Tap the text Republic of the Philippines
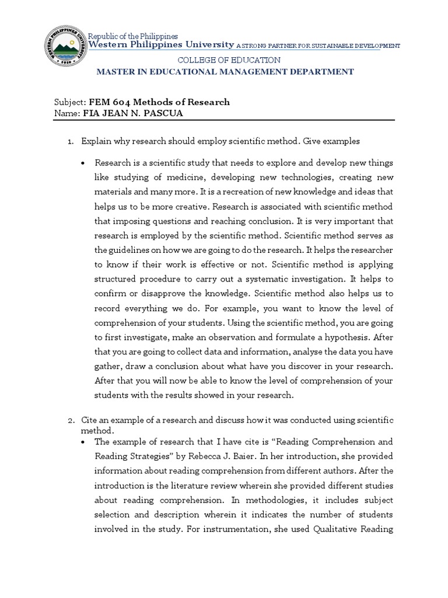(132, 36)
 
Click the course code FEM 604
(109, 102)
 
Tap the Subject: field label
(69, 102)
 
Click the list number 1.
(70, 141)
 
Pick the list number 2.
(70, 420)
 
